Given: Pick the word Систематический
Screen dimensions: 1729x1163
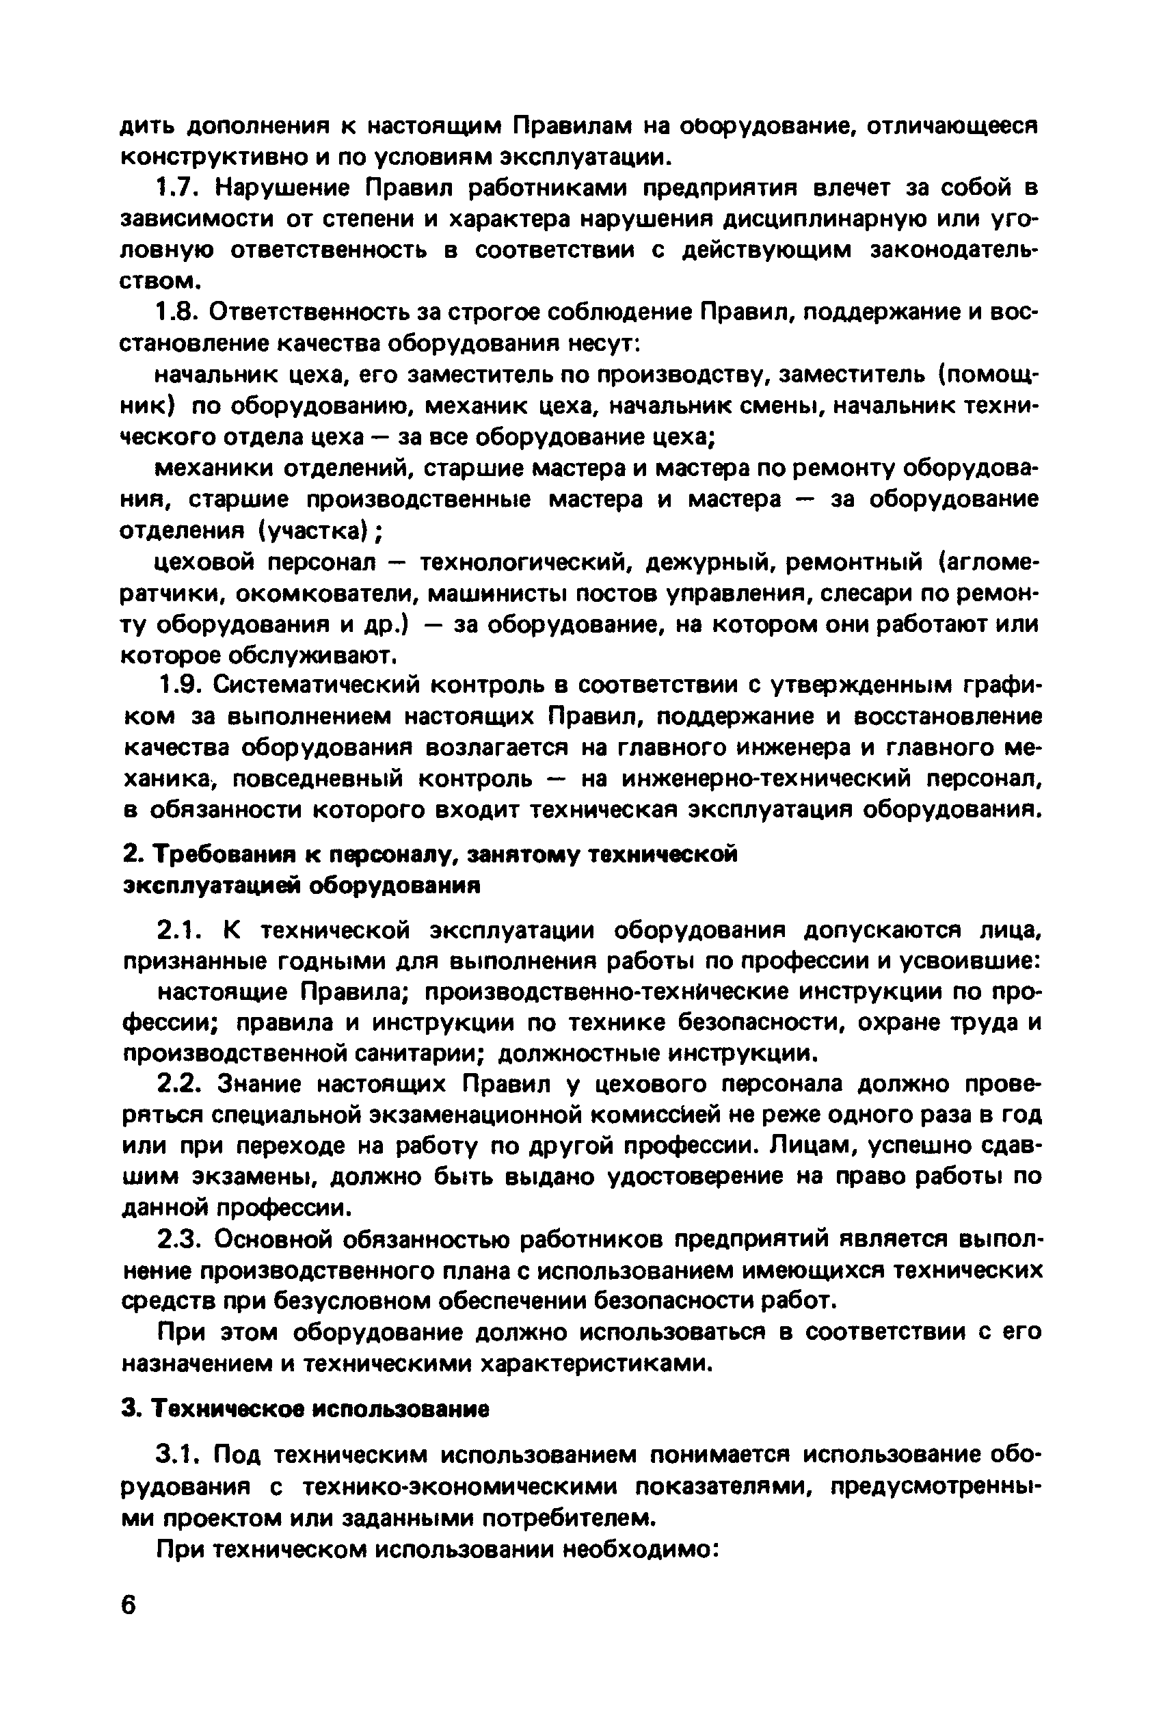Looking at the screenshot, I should [x=315, y=685].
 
